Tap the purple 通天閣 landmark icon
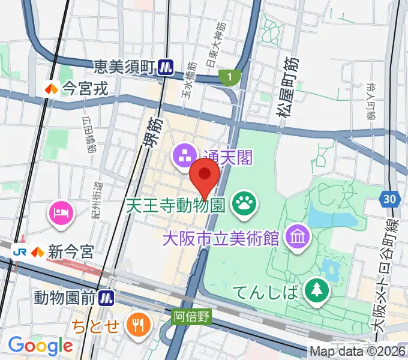[x=182, y=157]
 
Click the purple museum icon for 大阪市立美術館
[x=298, y=235]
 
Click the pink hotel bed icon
[x=62, y=212]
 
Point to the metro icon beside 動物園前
[x=107, y=296]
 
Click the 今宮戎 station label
[x=85, y=89]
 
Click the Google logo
[x=40, y=346]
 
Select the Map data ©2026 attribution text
[x=358, y=351]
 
